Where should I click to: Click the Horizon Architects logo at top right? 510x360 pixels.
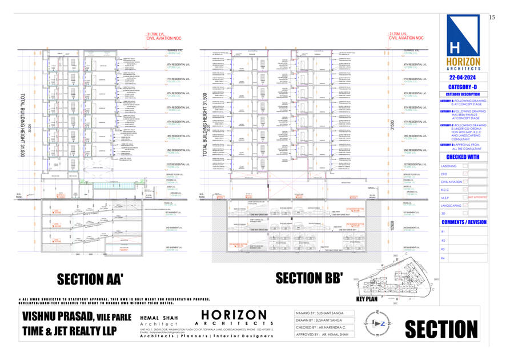464,43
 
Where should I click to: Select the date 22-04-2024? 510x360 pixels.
464,77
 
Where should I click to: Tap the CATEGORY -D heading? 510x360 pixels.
464,86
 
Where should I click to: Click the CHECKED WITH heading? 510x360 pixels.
463,157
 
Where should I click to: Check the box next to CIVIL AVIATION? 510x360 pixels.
465,182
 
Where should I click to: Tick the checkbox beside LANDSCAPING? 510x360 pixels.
465,205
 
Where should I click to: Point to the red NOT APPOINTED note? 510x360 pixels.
477,197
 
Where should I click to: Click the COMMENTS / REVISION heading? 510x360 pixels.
464,222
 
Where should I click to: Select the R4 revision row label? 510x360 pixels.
443,258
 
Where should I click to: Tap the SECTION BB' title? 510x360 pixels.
309,278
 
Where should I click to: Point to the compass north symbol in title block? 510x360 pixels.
380,322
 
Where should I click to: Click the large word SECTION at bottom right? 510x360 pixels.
441,330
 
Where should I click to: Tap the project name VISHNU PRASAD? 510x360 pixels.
63,316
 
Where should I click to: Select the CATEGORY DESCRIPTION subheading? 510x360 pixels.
464,94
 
